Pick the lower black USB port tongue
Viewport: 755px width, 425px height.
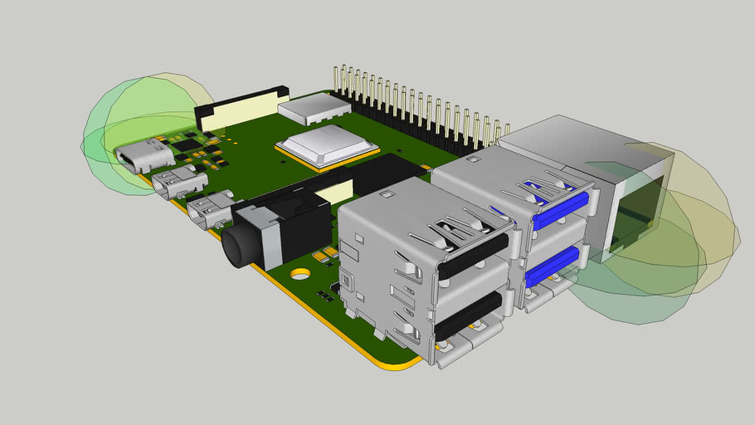[x=469, y=315]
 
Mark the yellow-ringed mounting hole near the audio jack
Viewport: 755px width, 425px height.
[x=300, y=273]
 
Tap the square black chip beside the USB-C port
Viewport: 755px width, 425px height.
[x=188, y=145]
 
